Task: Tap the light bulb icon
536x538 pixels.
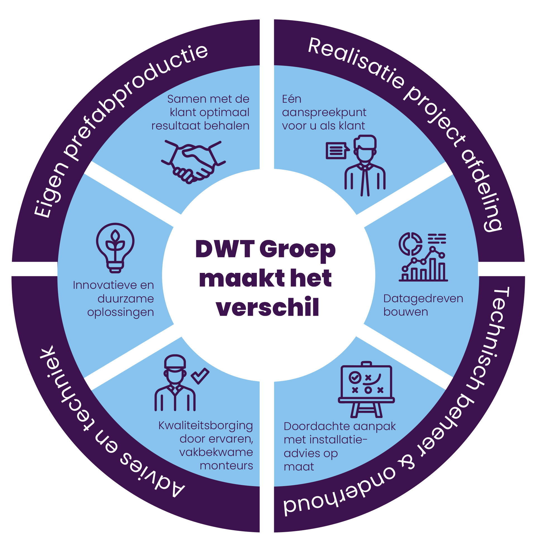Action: click(x=115, y=247)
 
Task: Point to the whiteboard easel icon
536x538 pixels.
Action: click(x=366, y=389)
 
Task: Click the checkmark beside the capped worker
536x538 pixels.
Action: click(x=200, y=376)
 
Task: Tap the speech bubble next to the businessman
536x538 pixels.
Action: click(x=337, y=151)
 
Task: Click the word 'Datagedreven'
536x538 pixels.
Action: click(x=423, y=299)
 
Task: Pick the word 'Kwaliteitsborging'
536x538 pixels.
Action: click(x=206, y=426)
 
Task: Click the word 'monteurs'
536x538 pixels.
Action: click(x=226, y=465)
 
